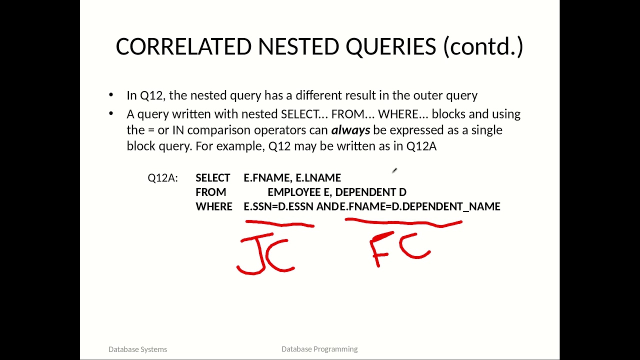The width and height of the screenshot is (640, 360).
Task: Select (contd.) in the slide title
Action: click(x=483, y=47)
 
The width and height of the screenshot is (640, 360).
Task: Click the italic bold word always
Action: click(x=350, y=130)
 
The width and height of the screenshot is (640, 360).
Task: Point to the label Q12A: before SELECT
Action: click(x=162, y=178)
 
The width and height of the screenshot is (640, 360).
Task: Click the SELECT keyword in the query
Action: click(x=212, y=178)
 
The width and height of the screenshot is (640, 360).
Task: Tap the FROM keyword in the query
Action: click(x=210, y=192)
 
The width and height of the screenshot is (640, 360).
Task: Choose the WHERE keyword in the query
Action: click(x=213, y=206)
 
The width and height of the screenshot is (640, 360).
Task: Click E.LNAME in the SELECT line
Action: click(x=318, y=178)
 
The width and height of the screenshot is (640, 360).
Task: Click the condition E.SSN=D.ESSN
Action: click(x=278, y=206)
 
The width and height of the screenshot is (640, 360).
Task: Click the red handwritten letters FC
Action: click(x=400, y=248)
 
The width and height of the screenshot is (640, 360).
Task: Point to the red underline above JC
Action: click(x=279, y=223)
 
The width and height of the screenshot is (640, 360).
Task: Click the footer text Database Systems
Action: click(x=137, y=349)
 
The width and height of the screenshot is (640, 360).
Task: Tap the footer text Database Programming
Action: click(x=319, y=349)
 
